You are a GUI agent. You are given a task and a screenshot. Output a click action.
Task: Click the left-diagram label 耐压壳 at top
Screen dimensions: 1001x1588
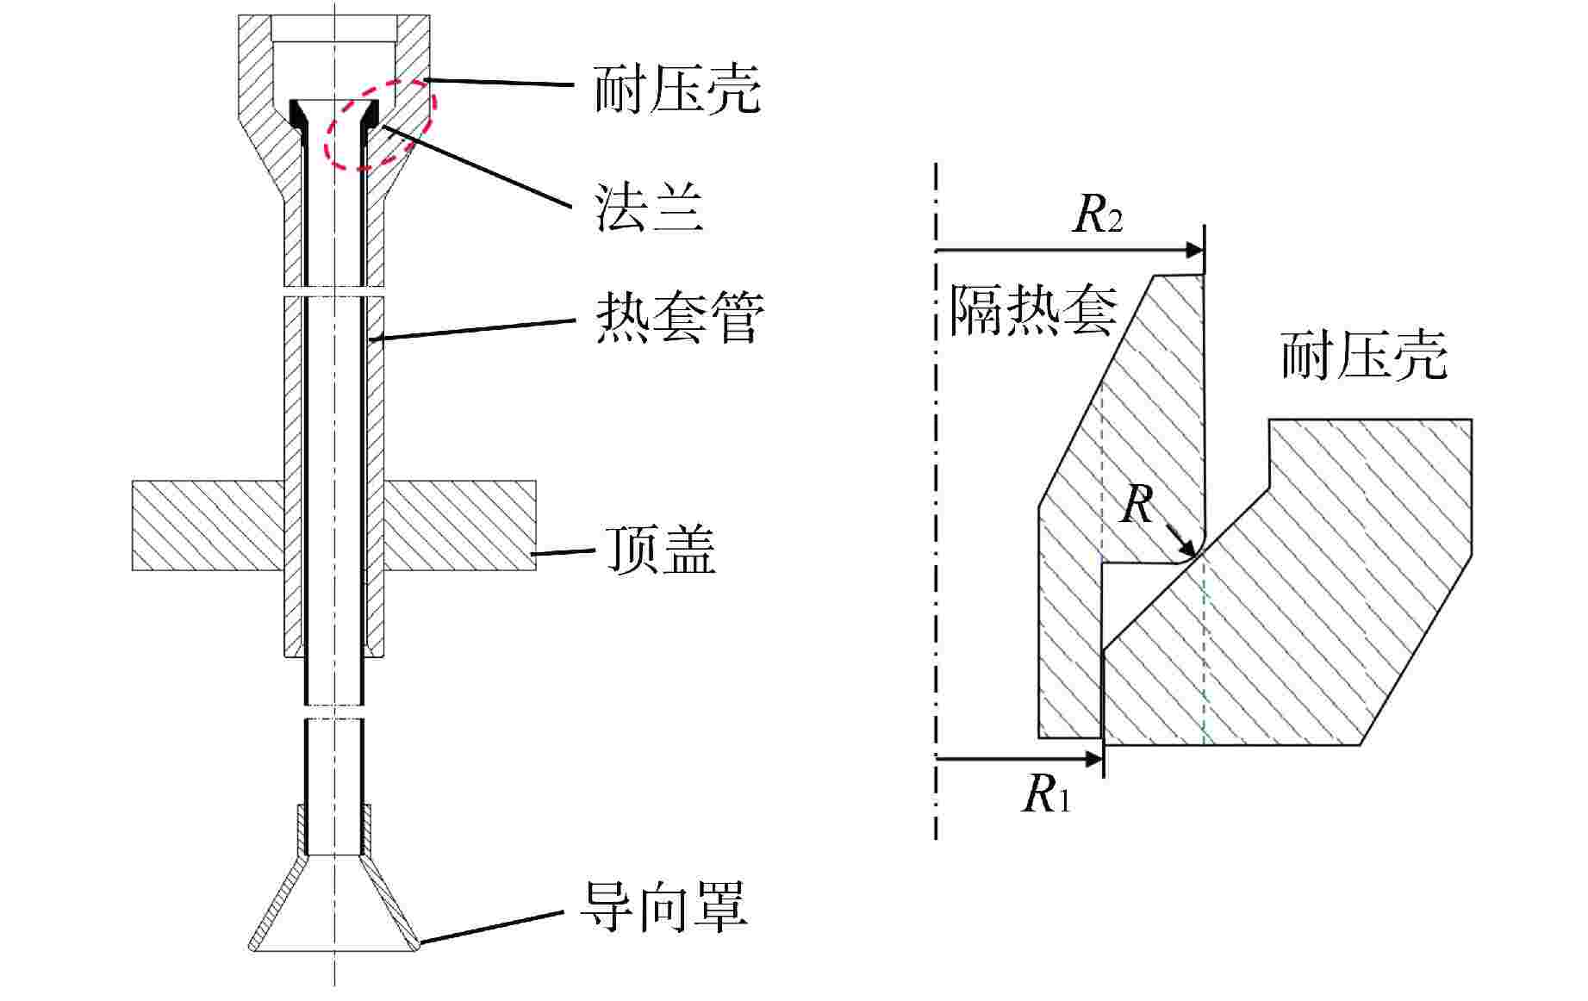click(x=677, y=89)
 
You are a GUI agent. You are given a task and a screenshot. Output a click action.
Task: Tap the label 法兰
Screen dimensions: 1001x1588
click(x=649, y=207)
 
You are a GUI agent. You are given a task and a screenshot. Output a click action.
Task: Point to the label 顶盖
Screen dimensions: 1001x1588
click(x=660, y=549)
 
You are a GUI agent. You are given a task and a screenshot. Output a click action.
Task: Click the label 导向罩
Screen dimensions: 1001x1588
click(x=663, y=906)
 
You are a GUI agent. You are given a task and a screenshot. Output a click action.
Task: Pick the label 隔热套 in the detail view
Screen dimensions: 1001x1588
click(x=1032, y=310)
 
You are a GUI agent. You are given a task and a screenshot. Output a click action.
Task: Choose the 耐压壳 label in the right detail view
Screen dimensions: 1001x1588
click(x=1364, y=355)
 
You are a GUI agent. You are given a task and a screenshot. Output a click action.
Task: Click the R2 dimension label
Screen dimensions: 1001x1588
click(x=1097, y=215)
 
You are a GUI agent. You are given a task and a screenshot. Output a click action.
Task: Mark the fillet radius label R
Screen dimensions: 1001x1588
click(x=1137, y=505)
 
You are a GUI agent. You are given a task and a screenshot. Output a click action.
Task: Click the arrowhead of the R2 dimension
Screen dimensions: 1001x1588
click(x=1194, y=251)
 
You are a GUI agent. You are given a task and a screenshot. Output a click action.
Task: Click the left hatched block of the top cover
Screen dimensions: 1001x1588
click(x=208, y=525)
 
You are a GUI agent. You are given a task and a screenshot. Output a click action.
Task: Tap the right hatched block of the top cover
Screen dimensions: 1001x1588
click(x=459, y=525)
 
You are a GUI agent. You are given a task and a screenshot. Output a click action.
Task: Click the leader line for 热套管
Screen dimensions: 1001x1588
click(x=474, y=329)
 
